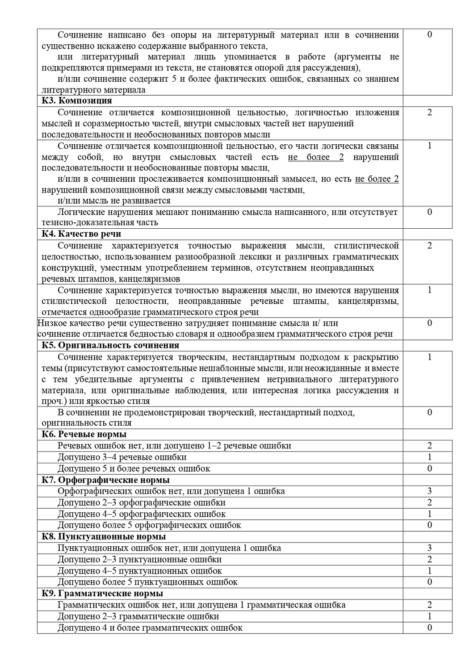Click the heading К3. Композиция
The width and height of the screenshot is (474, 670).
click(77, 100)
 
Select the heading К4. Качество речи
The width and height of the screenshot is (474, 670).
click(81, 234)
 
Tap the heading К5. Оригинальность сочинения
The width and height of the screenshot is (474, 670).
click(110, 345)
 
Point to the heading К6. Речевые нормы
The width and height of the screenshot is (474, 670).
click(84, 434)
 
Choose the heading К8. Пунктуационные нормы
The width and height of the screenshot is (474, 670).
click(104, 536)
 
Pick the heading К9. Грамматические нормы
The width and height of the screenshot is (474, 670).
click(102, 594)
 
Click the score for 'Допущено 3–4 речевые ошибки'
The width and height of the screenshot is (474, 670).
click(429, 457)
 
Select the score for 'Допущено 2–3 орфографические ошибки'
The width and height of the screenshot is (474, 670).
click(429, 502)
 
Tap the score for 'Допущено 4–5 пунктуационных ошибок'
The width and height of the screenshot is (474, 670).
click(429, 571)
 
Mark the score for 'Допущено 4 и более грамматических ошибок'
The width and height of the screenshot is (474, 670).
click(429, 628)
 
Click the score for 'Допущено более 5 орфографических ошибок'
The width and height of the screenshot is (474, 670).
click(429, 525)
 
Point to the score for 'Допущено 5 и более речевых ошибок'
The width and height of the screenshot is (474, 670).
click(429, 469)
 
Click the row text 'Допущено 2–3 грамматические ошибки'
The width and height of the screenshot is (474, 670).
click(138, 616)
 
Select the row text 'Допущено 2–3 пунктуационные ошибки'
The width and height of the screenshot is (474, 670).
click(139, 560)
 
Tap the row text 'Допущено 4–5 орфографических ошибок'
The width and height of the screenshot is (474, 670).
click(142, 514)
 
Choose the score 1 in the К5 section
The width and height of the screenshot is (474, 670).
click(429, 357)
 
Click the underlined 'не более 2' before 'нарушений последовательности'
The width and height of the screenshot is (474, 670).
click(316, 157)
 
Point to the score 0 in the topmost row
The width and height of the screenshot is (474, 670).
click(429, 34)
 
